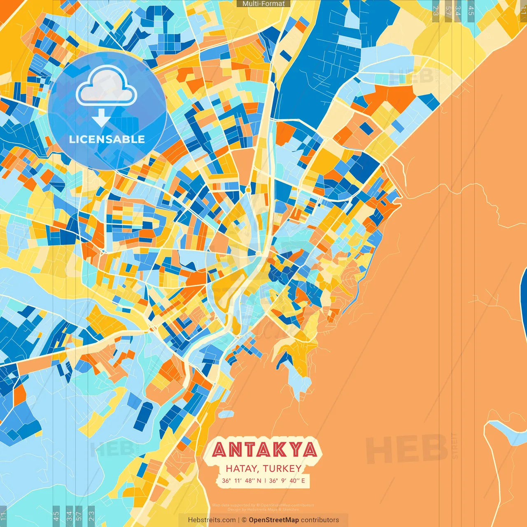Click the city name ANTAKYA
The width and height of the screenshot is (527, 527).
click(265, 450)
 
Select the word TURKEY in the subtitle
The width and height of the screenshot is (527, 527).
click(282, 469)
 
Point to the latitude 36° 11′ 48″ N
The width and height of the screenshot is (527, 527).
click(242, 480)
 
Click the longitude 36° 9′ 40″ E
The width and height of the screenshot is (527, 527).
click(287, 480)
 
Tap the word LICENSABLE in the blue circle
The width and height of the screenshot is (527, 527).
click(107, 139)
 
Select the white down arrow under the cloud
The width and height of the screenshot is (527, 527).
click(101, 118)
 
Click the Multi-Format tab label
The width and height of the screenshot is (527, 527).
click(263, 4)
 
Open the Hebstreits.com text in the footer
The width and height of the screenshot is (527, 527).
click(212, 520)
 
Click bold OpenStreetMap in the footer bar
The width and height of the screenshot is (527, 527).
click(274, 520)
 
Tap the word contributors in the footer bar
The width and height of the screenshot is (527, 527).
click(320, 520)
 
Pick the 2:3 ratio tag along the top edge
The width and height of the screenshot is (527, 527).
click(436, 10)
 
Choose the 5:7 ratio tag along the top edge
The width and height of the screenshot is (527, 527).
click(448, 10)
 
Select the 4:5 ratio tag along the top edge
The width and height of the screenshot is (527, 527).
click(471, 10)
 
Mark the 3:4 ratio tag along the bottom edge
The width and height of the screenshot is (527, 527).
click(69, 516)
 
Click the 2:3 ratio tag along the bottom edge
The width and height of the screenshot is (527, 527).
click(91, 516)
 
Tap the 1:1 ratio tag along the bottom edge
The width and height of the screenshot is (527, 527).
click(3, 516)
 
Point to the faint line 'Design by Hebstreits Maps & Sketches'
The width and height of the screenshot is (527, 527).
click(263, 509)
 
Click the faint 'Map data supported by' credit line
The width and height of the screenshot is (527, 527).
click(263, 505)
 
